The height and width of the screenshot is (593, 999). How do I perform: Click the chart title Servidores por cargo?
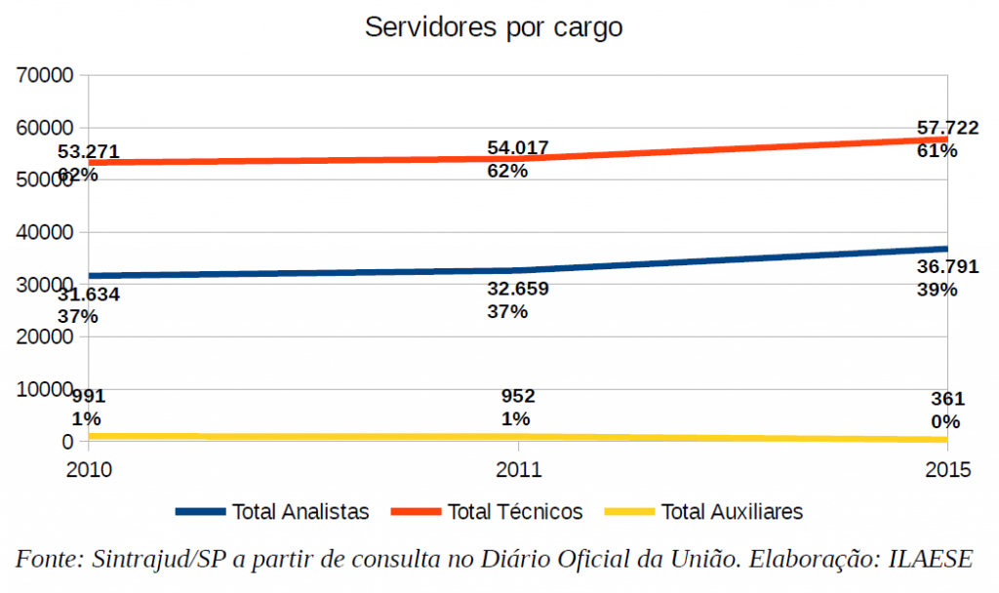[494, 27]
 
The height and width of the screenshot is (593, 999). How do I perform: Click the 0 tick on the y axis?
[67, 442]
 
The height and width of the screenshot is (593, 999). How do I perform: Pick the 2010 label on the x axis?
[89, 470]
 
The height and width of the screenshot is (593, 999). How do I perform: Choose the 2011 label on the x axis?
[518, 470]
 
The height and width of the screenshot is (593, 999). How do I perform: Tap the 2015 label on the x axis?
[947, 470]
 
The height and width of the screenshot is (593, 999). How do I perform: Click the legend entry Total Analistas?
[300, 511]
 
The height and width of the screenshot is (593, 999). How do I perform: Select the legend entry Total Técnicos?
[514, 511]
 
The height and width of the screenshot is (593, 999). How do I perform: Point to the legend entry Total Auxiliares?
[732, 511]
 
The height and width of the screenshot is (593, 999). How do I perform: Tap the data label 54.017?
[518, 148]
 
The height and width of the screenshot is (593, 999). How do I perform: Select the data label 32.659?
[518, 289]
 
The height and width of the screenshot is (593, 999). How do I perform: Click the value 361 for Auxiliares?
[947, 399]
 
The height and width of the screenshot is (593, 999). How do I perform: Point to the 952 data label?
[518, 397]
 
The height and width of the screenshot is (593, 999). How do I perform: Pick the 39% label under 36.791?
[936, 290]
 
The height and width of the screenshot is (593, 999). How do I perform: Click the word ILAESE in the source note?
[929, 560]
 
